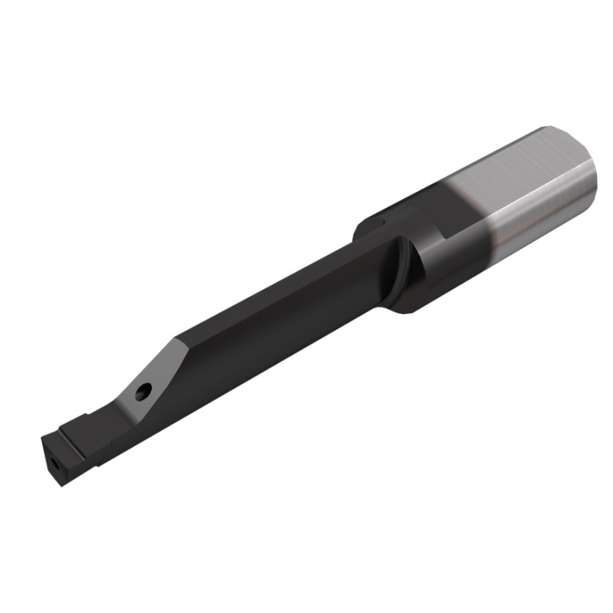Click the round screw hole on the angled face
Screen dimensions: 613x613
point(144,392)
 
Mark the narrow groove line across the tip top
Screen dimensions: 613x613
point(68,428)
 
